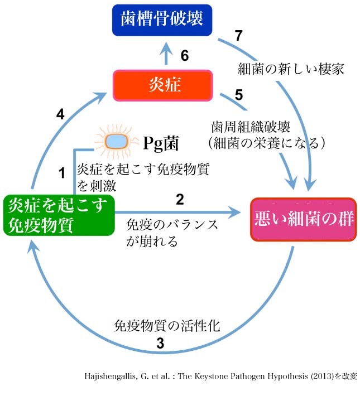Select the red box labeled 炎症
(x=163, y=85)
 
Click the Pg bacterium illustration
(x=117, y=142)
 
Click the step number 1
(x=63, y=173)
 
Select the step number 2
(x=180, y=199)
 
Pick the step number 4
(x=61, y=115)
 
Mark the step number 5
(x=239, y=95)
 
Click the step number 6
(x=185, y=55)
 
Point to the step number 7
(x=239, y=36)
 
